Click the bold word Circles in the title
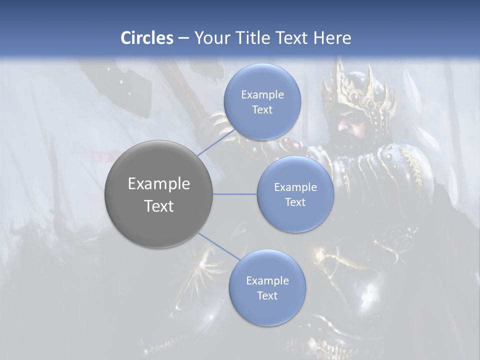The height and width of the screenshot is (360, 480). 146,37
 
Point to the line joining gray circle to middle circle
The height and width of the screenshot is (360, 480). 235,193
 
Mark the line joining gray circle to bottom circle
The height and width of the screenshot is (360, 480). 218,245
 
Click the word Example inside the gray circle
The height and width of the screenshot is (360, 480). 159,184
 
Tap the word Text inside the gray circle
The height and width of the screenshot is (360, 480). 159,206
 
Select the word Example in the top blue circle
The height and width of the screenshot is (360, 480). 262,94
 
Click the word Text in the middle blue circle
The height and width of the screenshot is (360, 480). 295,202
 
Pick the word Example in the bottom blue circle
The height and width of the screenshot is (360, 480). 267,280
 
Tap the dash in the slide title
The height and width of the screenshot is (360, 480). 183,37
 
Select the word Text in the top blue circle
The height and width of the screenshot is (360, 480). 262,109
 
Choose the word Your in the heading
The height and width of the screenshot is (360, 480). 210,37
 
